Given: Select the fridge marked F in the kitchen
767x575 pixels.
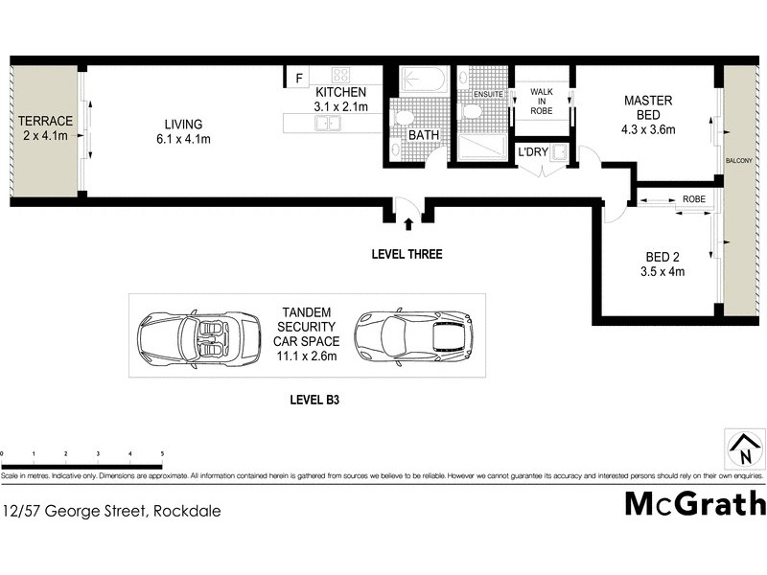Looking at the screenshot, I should (298, 78).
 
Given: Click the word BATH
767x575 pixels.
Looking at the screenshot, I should (424, 136).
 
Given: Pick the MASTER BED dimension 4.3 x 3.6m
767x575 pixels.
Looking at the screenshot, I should (648, 130).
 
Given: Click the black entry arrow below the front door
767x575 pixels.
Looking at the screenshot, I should (409, 224).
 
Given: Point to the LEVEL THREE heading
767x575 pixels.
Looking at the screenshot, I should (407, 255).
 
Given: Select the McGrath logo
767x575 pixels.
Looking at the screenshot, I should (695, 504).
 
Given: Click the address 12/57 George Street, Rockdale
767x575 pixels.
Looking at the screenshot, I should (112, 512).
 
